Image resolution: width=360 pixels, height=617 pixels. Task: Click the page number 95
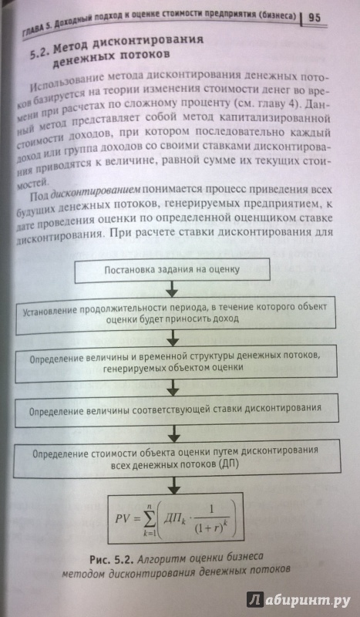(315, 18)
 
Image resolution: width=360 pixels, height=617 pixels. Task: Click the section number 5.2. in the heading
(40, 52)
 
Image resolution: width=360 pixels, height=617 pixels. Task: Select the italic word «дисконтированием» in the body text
(96, 190)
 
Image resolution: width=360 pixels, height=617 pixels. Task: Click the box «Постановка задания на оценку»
(173, 271)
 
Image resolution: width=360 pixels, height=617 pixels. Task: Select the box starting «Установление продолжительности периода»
(175, 312)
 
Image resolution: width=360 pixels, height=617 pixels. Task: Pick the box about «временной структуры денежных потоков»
(176, 362)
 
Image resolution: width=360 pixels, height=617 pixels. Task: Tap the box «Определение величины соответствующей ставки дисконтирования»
(177, 410)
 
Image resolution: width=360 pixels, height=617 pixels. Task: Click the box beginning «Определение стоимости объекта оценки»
(177, 459)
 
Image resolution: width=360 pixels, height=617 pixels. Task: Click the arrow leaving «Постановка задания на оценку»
(172, 290)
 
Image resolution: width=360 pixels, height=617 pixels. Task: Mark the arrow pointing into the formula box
(173, 485)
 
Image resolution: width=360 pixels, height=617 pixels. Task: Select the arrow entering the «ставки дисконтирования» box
(173, 387)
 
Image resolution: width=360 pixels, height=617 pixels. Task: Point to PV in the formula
(123, 518)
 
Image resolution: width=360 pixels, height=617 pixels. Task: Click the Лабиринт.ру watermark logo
(298, 599)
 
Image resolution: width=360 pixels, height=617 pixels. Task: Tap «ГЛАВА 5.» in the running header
(37, 30)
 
